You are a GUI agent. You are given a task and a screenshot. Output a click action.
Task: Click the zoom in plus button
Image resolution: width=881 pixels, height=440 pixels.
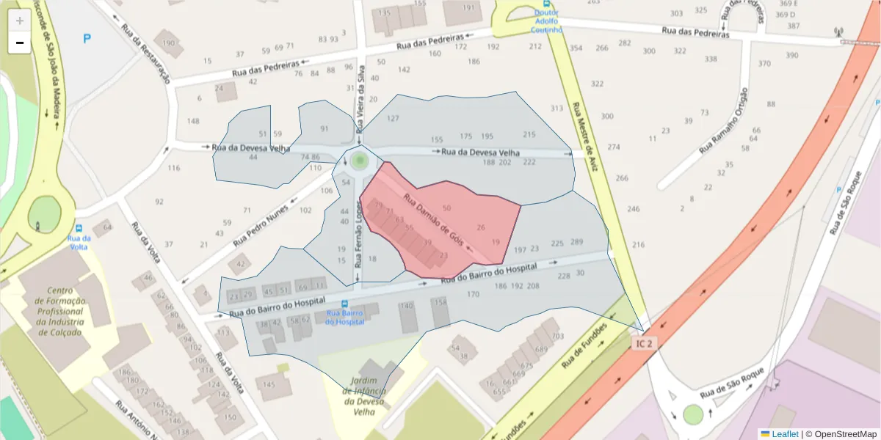(x=19, y=20)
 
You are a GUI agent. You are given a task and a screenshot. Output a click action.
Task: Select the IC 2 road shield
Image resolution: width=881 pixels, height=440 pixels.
(x=643, y=342)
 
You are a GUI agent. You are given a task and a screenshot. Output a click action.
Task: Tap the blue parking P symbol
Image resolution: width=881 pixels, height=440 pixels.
(x=87, y=38)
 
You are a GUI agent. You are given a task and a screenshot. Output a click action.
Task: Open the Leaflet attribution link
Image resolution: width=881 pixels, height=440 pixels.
(x=785, y=433)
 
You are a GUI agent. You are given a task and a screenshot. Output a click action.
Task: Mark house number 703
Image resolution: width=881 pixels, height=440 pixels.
(x=558, y=336)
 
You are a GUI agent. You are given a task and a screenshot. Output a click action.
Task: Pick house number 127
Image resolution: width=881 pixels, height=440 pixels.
(x=394, y=119)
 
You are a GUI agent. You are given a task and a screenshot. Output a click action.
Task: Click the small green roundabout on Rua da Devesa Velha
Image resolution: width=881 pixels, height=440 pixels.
(x=359, y=160)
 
